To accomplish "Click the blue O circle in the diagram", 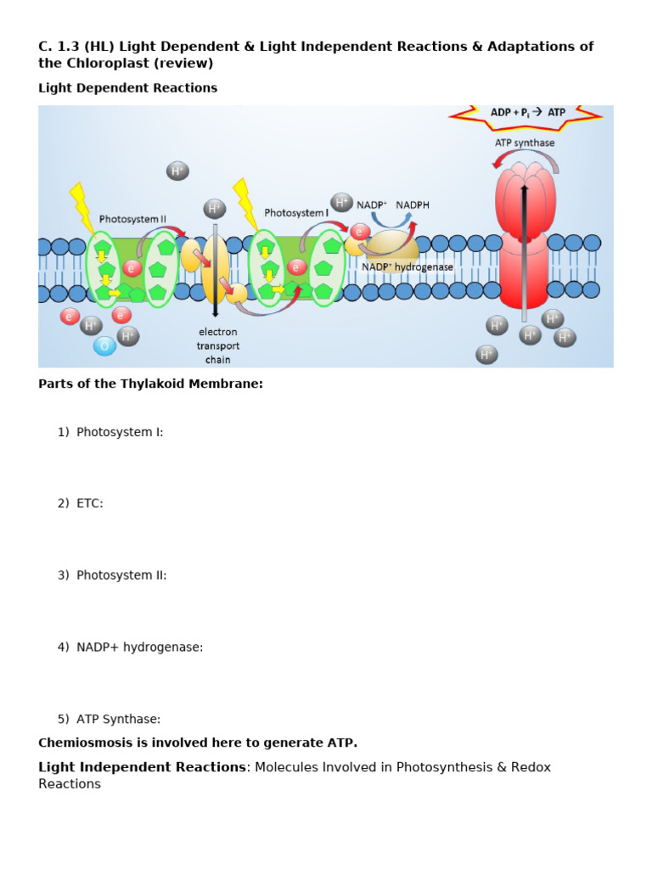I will (x=104, y=345).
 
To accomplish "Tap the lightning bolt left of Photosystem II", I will (x=82, y=206).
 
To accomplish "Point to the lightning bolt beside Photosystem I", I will (x=245, y=203).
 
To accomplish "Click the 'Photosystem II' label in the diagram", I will (x=132, y=219).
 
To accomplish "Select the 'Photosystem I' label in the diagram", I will (x=296, y=213).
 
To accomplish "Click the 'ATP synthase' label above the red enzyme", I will (x=525, y=143).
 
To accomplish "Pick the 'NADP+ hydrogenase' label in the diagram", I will (x=407, y=266).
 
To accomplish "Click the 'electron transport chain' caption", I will (x=218, y=345).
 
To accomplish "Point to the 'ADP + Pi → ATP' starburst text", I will (x=528, y=112).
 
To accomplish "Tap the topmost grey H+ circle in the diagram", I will (x=177, y=171).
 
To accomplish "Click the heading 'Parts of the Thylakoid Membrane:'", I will (x=150, y=384).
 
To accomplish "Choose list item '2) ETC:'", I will (x=81, y=503).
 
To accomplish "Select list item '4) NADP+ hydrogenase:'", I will (x=131, y=648).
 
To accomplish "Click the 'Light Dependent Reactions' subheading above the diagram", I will (x=127, y=87).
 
